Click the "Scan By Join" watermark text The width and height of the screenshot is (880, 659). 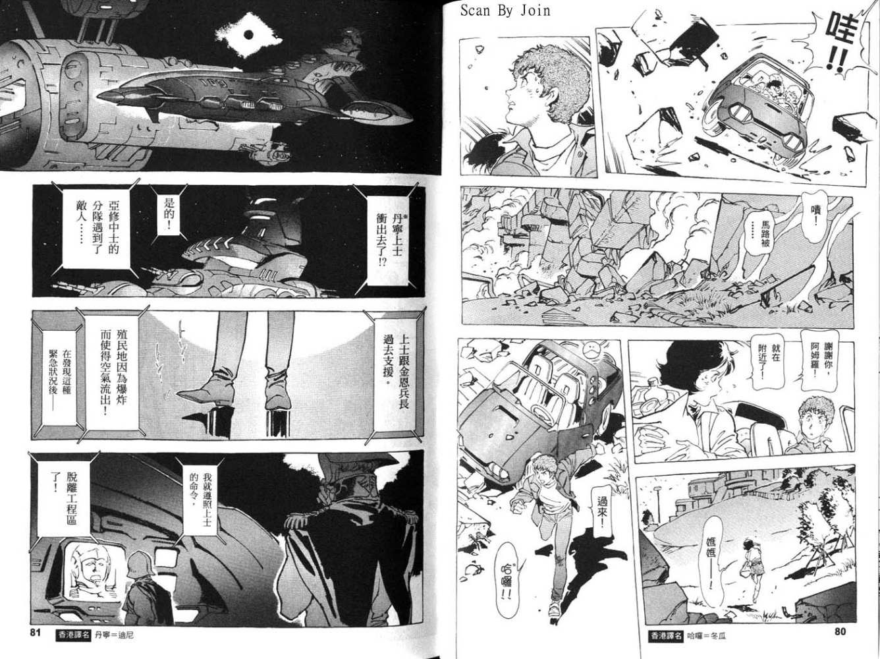tap(505, 11)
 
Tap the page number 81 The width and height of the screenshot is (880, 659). tap(36, 633)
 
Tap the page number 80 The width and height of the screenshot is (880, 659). tap(840, 632)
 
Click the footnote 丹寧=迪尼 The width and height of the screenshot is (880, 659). tap(114, 636)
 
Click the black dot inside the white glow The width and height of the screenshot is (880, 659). tap(248, 35)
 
